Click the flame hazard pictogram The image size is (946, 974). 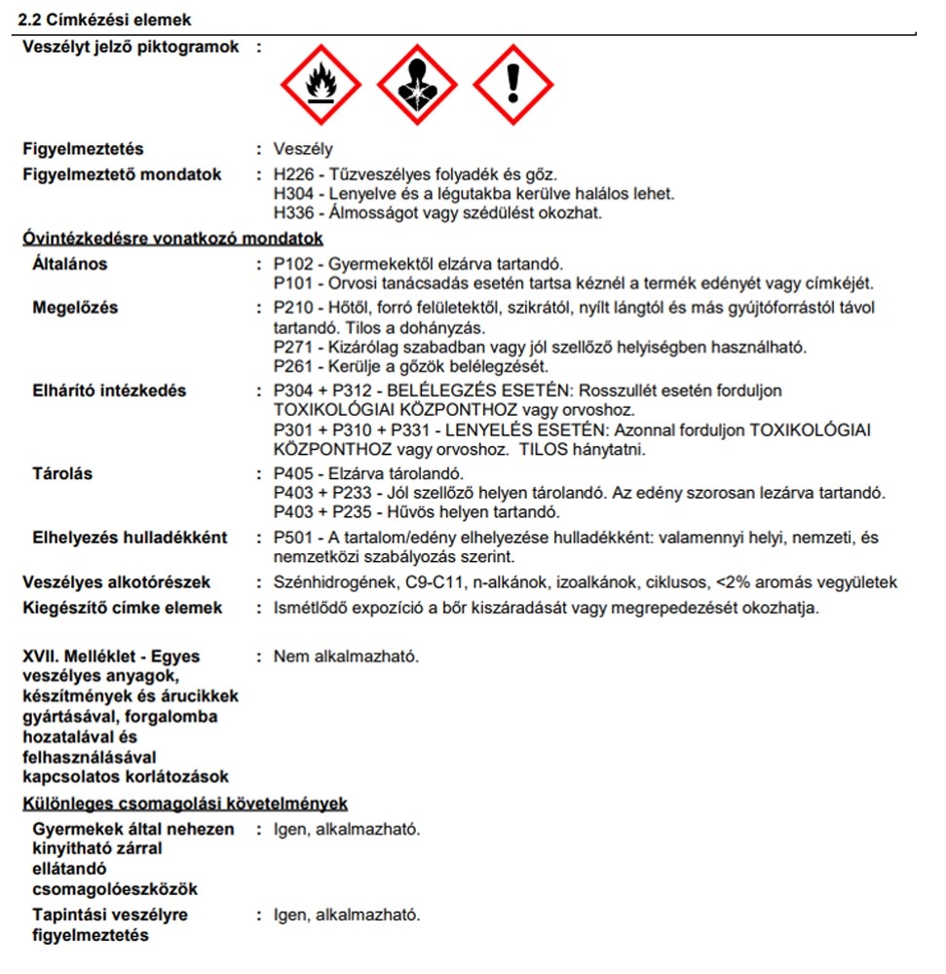(x=321, y=87)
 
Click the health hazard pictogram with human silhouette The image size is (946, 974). (x=416, y=87)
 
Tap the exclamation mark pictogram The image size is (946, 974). (x=513, y=87)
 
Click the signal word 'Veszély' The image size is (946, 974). (x=303, y=150)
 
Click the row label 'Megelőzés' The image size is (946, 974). (x=75, y=309)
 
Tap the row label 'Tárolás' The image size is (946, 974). (x=62, y=474)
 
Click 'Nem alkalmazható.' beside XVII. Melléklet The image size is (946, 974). (x=346, y=656)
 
